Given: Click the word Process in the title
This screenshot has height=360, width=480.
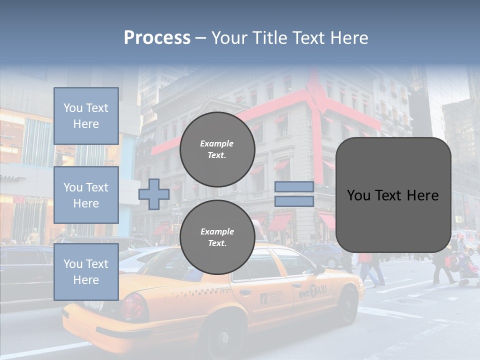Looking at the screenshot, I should click(x=157, y=38).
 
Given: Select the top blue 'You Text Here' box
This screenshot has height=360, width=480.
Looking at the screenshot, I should click(x=86, y=116).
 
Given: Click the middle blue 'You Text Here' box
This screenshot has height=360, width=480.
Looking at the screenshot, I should click(x=86, y=195).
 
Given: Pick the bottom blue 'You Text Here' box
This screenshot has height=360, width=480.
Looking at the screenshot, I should click(x=86, y=272).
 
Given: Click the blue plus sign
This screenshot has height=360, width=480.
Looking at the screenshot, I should click(x=153, y=194).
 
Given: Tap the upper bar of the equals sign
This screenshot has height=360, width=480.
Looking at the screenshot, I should click(x=294, y=187).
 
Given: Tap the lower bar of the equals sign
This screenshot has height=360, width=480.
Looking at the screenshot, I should click(x=294, y=201).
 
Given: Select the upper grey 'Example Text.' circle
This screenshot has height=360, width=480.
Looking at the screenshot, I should click(x=217, y=149).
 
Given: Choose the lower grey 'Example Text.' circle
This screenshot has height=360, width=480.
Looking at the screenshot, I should click(x=217, y=237).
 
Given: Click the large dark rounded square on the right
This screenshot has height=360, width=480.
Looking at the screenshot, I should click(x=393, y=195).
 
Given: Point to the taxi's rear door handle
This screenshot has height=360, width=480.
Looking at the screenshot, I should click(x=245, y=292).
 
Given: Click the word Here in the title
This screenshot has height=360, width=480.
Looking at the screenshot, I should click(x=348, y=38).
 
